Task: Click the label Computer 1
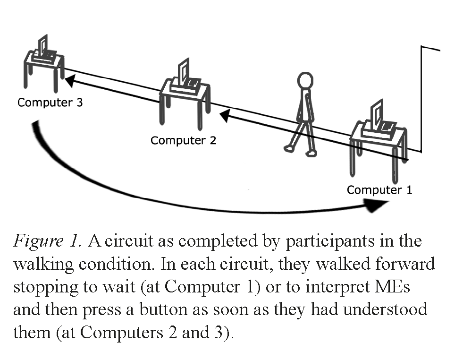pos(379,190)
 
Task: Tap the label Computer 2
pos(183,140)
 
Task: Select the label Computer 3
pos(50,102)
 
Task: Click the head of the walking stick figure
pos(305,80)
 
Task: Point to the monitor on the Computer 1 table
pos(376,115)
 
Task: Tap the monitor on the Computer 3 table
pos(42,46)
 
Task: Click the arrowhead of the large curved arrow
pos(377,205)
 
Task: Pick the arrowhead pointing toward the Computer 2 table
pos(225,114)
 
